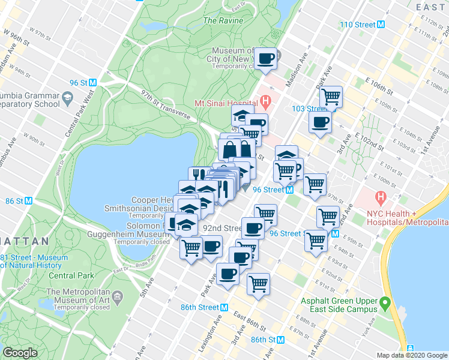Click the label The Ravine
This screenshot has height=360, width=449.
coord(223,20)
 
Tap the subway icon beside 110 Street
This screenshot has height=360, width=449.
coord(381,25)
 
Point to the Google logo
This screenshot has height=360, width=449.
coord(20,353)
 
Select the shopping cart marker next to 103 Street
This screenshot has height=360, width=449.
coord(331,97)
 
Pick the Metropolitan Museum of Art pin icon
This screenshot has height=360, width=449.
coord(118,296)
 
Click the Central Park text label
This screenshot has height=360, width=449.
coord(71,276)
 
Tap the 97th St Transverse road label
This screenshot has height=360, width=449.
coord(166,105)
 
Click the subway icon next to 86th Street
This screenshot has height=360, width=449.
coord(224,307)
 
